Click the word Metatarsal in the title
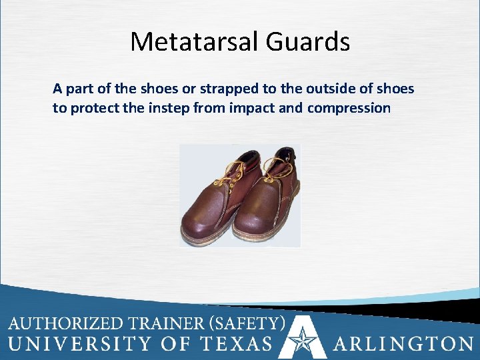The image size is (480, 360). coord(193,42)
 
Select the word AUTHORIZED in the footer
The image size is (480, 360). coord(65,325)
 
